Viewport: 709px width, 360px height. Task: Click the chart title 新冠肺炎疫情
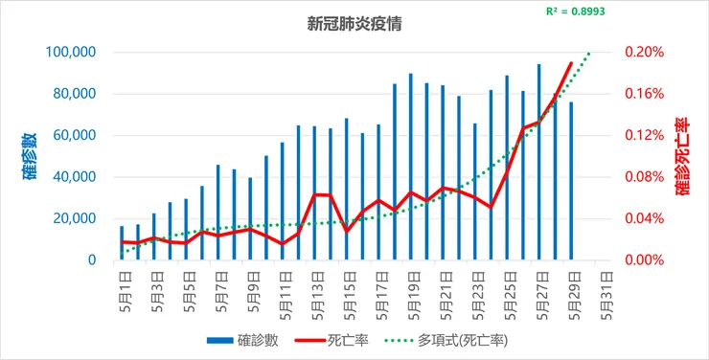(354, 24)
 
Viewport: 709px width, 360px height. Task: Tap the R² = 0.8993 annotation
(575, 11)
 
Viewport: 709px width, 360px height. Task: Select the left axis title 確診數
(31, 156)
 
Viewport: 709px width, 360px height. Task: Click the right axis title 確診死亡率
(683, 156)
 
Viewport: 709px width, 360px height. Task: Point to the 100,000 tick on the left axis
(71, 53)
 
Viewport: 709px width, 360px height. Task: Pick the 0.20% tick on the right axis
(645, 53)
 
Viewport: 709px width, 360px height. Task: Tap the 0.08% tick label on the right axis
(645, 177)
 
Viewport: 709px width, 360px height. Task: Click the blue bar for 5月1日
(122, 242)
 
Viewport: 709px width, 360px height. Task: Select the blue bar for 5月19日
(411, 167)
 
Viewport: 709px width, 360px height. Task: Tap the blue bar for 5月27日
(539, 162)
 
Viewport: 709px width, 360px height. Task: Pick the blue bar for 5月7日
(217, 213)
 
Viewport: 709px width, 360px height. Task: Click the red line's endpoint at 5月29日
(571, 63)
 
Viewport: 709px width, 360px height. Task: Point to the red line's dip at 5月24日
(492, 208)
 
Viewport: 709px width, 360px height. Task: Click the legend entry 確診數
(242, 341)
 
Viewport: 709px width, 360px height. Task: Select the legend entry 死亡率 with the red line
(331, 341)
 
